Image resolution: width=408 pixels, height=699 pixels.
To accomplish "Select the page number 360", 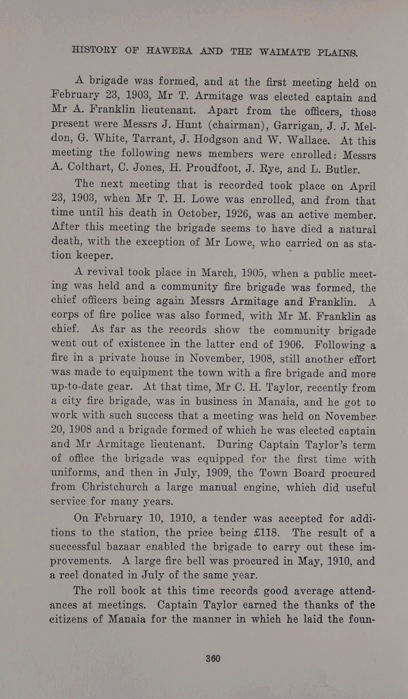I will tap(212, 659).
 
